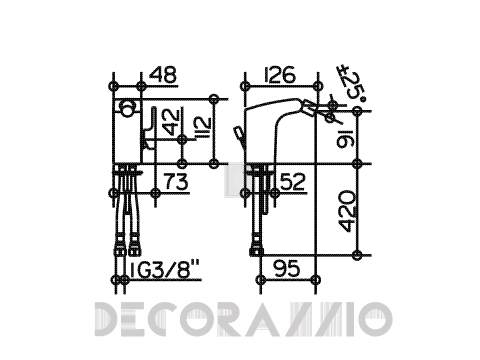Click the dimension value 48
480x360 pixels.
click(163, 75)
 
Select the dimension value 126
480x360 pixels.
click(280, 75)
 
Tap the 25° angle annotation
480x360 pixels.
click(354, 83)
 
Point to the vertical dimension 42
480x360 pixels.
click(173, 121)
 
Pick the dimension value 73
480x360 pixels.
click(176, 182)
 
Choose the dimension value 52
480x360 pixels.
click(293, 182)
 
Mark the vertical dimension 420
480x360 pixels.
click(347, 211)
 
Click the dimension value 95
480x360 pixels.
click(287, 268)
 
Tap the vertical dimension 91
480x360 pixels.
click(345, 138)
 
